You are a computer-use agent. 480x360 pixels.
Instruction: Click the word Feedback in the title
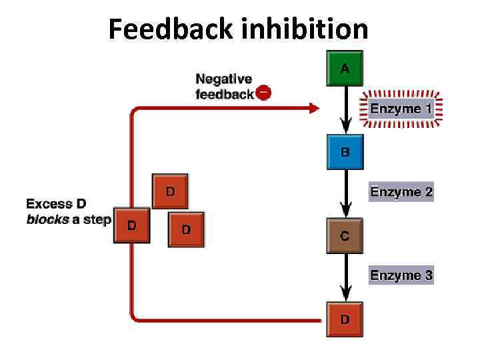click(x=171, y=29)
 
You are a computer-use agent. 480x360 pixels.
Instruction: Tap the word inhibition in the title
click(x=305, y=29)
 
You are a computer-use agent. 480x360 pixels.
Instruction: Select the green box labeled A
click(x=345, y=68)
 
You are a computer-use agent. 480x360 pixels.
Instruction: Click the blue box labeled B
click(x=345, y=152)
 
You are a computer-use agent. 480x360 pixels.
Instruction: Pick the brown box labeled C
click(x=345, y=236)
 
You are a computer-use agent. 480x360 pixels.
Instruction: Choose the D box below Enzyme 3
click(x=345, y=319)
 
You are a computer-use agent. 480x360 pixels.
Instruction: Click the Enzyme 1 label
click(x=401, y=109)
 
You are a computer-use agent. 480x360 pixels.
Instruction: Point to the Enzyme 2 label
click(x=401, y=191)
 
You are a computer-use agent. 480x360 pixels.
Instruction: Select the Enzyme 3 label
click(x=401, y=275)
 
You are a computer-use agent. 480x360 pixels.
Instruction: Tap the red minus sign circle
click(x=263, y=92)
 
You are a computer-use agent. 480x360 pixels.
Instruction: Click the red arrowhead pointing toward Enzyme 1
click(x=315, y=108)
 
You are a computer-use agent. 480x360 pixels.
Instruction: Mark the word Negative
click(x=224, y=79)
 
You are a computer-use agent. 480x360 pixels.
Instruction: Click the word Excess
click(x=49, y=203)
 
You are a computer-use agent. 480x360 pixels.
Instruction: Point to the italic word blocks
click(x=48, y=219)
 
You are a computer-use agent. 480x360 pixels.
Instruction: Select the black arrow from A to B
click(x=346, y=110)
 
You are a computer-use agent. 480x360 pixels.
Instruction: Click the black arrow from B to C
click(x=346, y=194)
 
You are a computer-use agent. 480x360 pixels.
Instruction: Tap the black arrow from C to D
click(x=346, y=277)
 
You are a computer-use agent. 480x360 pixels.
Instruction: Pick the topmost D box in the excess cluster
click(x=170, y=191)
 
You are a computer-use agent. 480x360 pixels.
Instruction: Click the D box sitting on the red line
click(x=131, y=225)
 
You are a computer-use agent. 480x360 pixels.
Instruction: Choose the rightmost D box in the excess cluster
click(x=186, y=229)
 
